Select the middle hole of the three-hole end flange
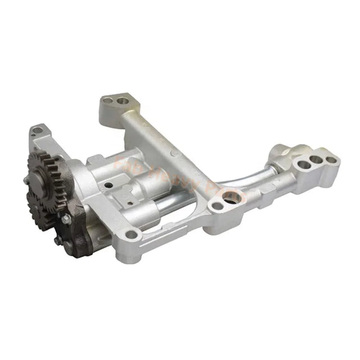(x=316, y=160)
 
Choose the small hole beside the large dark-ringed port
(x=214, y=206)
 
